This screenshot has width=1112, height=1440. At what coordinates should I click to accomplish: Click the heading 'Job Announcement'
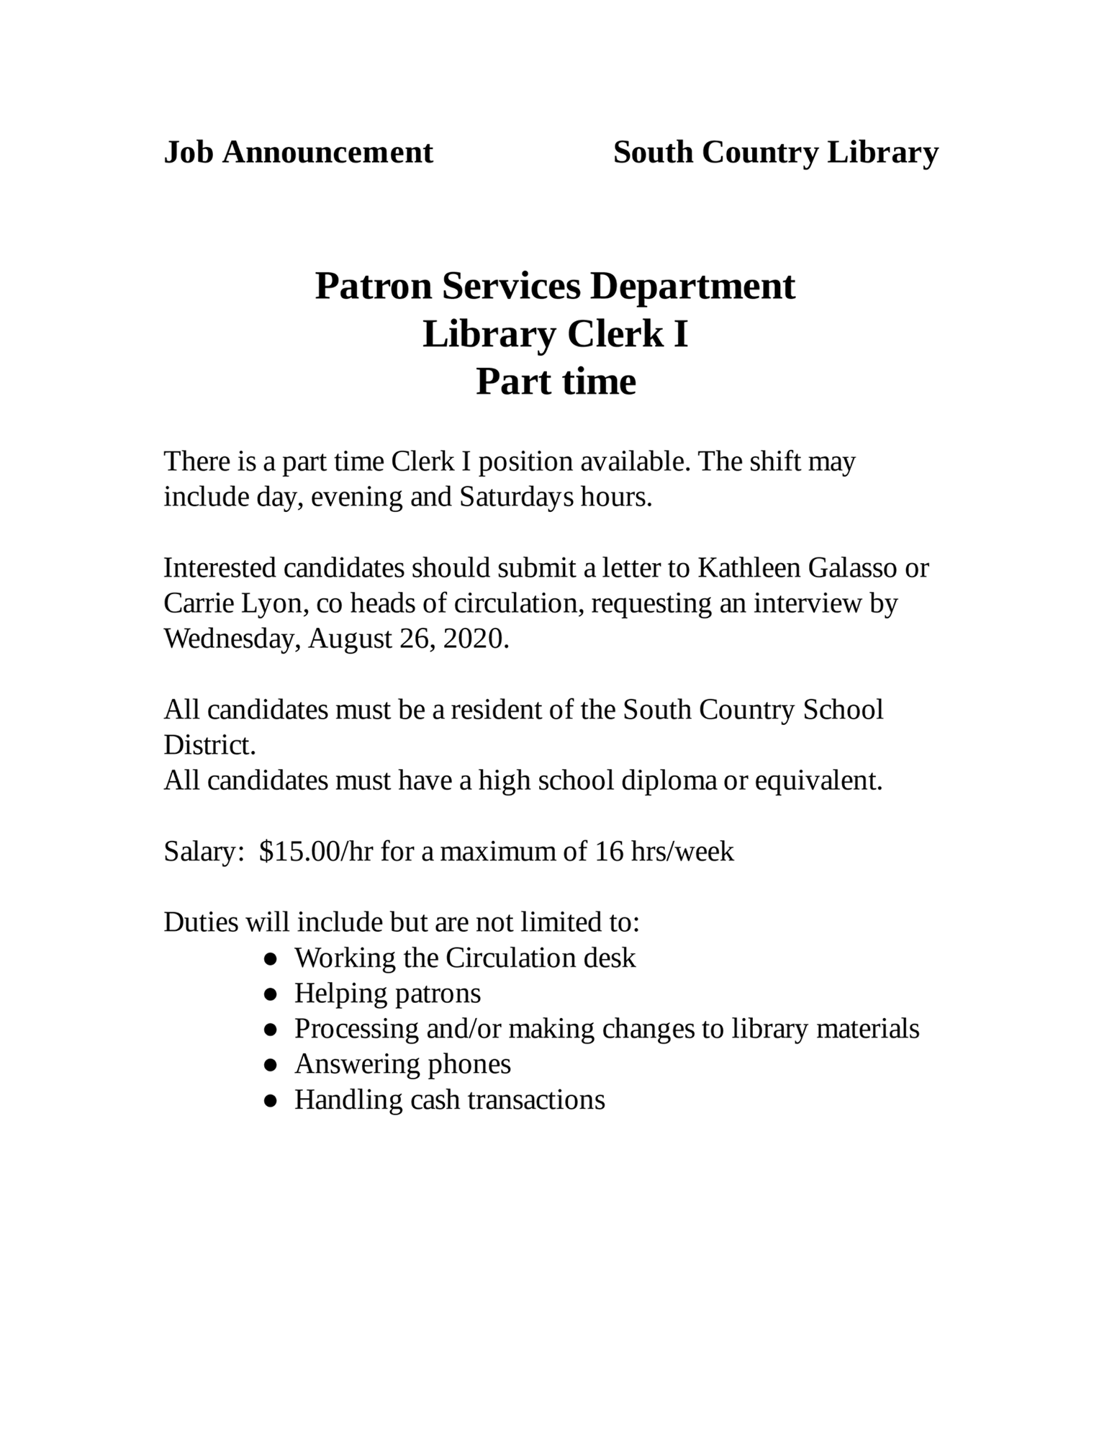[298, 153]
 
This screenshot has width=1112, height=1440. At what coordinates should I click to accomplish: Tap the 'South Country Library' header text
[775, 153]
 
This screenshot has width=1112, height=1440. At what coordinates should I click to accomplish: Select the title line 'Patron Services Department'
[555, 286]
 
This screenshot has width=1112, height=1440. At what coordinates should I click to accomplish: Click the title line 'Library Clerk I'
[555, 334]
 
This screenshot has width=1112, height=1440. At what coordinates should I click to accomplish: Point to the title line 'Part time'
[556, 382]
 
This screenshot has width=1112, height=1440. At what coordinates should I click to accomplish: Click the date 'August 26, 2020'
[408, 639]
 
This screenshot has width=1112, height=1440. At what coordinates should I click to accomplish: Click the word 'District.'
[209, 744]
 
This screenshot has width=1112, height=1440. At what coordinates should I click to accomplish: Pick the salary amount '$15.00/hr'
[315, 851]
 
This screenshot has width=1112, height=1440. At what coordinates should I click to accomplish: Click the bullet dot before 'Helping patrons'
[271, 994]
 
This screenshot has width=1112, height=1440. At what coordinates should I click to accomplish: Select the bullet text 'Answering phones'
[402, 1063]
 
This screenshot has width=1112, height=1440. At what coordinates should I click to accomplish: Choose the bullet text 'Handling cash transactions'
[449, 1099]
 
